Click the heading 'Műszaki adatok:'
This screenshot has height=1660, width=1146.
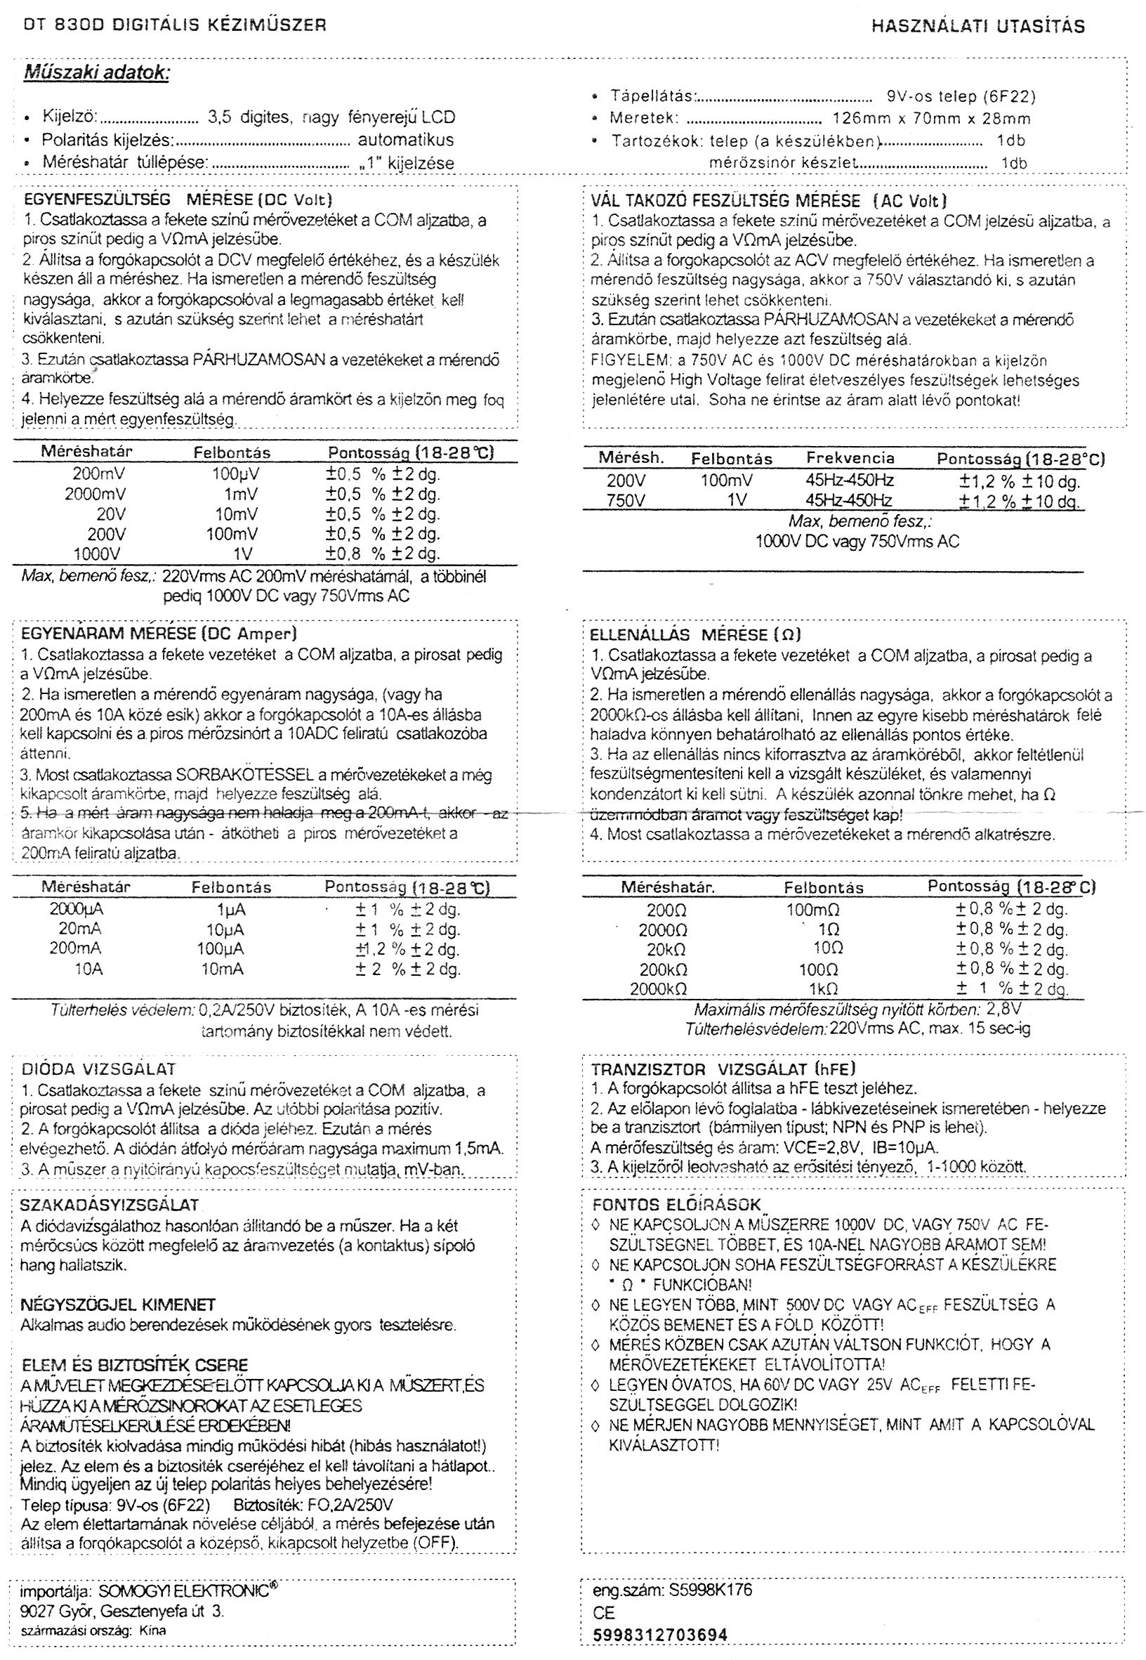[97, 73]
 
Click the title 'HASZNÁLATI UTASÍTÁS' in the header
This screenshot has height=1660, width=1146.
[978, 27]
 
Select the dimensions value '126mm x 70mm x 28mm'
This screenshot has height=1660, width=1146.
[931, 119]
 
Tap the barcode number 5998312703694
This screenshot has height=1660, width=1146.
[659, 1635]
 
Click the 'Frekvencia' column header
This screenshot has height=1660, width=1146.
[850, 458]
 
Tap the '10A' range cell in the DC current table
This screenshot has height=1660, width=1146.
[88, 969]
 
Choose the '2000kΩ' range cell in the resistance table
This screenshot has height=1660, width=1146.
[659, 989]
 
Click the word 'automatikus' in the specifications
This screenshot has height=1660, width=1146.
[406, 140]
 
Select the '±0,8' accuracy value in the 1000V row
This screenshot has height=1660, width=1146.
[343, 554]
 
